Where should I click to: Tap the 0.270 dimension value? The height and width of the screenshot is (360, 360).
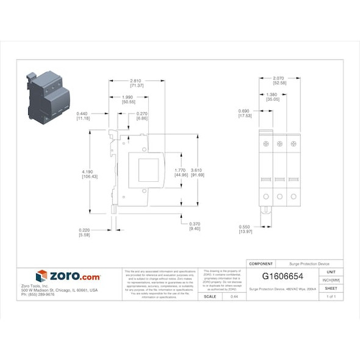pos(142,113)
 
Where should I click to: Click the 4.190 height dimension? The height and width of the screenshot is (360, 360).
pos(89,172)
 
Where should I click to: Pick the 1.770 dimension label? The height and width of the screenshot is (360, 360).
pos(181,170)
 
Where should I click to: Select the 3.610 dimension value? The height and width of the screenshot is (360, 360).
pos(197,170)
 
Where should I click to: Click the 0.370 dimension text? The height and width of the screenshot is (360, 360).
pos(195,223)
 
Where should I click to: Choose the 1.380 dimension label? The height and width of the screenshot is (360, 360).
pos(272,95)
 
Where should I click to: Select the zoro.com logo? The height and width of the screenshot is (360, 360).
pos(68,276)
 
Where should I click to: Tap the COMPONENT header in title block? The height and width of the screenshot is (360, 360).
pos(261,263)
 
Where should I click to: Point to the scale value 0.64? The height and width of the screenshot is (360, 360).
pos(234,296)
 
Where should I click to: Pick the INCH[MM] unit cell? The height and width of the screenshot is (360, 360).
pos(331,280)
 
